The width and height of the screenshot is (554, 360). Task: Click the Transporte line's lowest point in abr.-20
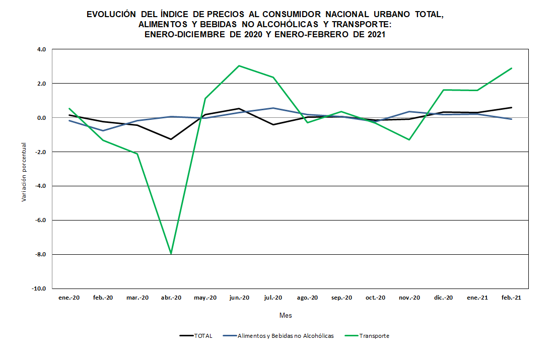click(x=171, y=254)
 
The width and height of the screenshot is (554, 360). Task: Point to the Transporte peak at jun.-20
click(x=239, y=65)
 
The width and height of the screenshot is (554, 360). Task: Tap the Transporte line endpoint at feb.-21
click(x=512, y=68)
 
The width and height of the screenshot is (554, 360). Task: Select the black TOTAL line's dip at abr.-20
click(x=171, y=139)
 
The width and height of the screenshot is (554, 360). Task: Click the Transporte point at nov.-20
click(x=409, y=139)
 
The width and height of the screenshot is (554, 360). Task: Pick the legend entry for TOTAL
click(x=196, y=336)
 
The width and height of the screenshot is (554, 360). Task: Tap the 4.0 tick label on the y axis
click(x=41, y=49)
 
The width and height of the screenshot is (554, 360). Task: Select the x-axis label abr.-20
click(x=171, y=298)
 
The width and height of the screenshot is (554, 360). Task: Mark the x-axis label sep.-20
click(x=341, y=298)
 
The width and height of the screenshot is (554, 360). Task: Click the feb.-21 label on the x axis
click(x=511, y=298)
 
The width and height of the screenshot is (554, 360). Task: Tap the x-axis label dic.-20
click(x=443, y=298)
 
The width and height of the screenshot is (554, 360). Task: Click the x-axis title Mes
click(x=286, y=316)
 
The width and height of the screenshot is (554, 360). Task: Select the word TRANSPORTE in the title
click(x=359, y=25)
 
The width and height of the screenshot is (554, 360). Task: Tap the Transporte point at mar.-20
click(x=137, y=154)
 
